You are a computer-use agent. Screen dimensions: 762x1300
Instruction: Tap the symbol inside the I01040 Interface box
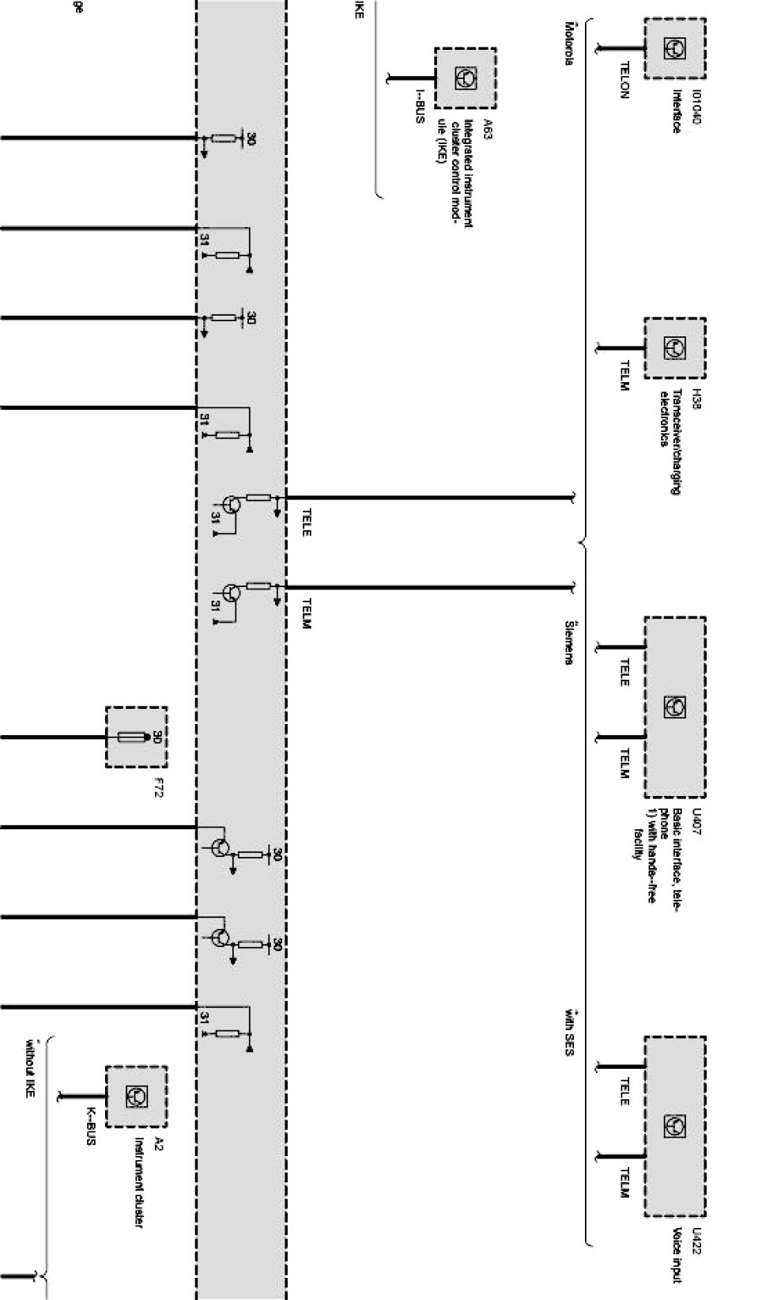pyautogui.click(x=674, y=48)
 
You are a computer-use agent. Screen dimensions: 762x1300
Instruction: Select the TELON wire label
pyautogui.click(x=624, y=80)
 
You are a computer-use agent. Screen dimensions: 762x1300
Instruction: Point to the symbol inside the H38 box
pyautogui.click(x=674, y=347)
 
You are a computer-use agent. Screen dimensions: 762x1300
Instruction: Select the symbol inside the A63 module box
pyautogui.click(x=465, y=78)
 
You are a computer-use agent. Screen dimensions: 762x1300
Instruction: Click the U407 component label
pyautogui.click(x=696, y=821)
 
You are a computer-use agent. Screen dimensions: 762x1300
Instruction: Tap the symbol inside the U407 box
pyautogui.click(x=674, y=707)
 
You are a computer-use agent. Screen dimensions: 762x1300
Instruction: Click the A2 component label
pyautogui.click(x=159, y=1144)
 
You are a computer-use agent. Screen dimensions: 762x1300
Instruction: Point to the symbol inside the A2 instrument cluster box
pyautogui.click(x=135, y=1097)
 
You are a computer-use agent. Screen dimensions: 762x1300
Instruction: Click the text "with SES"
pyautogui.click(x=568, y=1033)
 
